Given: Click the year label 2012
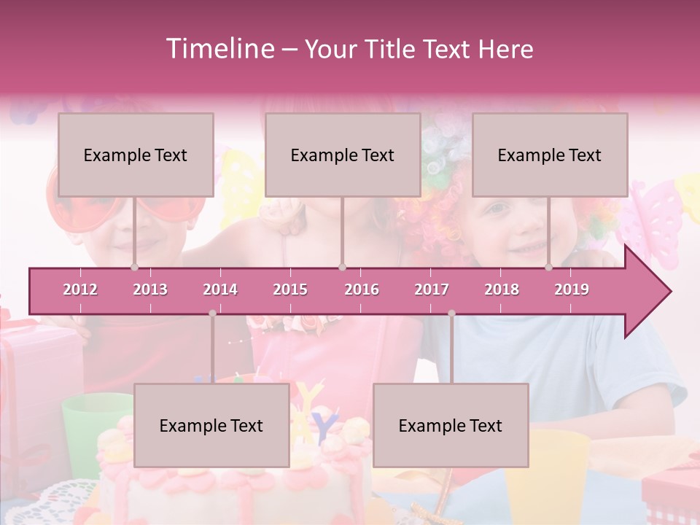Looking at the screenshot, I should (80, 289).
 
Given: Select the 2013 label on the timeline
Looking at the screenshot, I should (150, 289).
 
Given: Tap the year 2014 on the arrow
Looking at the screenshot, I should (220, 289).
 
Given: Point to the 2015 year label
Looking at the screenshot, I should (290, 289).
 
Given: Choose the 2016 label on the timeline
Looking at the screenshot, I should (362, 289).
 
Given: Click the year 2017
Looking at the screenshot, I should (432, 289).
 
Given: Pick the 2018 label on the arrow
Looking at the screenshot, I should (502, 289).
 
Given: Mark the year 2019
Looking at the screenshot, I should (572, 289).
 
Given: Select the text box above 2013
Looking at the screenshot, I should (136, 155).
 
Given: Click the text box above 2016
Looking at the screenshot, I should (343, 155).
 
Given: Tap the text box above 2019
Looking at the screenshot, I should (550, 155).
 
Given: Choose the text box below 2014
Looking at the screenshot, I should (211, 425).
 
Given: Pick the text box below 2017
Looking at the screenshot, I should (451, 425).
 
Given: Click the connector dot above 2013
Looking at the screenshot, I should (134, 267).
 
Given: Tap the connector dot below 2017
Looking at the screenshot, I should (451, 314).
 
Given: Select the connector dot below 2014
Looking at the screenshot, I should (212, 314).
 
